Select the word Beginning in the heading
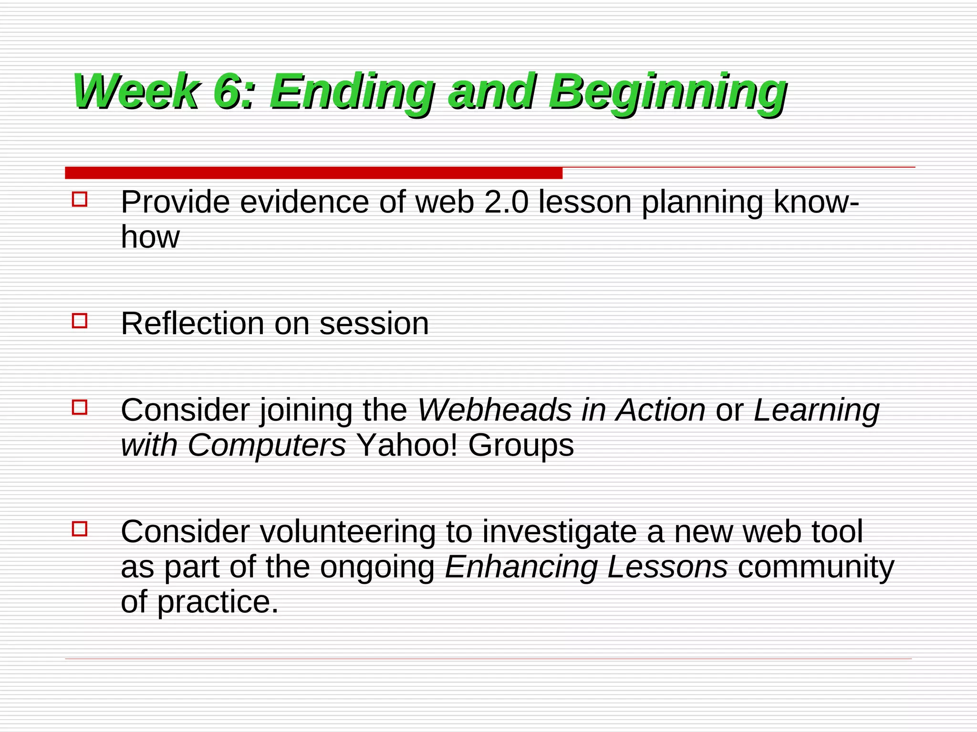pyautogui.click(x=667, y=91)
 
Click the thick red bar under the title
pyautogui.click(x=313, y=173)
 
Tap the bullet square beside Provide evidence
pyautogui.click(x=80, y=199)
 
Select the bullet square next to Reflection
pyautogui.click(x=80, y=321)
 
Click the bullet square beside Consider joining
pyautogui.click(x=80, y=407)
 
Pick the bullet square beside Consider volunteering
pyautogui.click(x=80, y=529)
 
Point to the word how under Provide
pyautogui.click(x=150, y=237)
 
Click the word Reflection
pyautogui.click(x=192, y=324)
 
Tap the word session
pyautogui.click(x=374, y=324)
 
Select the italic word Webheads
pyautogui.click(x=494, y=410)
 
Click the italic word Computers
pyautogui.click(x=266, y=445)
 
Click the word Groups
pyautogui.click(x=520, y=446)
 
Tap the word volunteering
pyautogui.click(x=347, y=532)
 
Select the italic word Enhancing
pyautogui.click(x=520, y=567)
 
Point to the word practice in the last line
pyautogui.click(x=217, y=603)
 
